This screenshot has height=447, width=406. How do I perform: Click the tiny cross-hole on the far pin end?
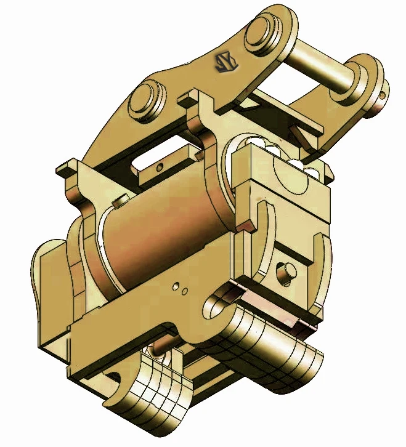pos(383,95)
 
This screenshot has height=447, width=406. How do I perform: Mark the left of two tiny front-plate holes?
pos(176,286)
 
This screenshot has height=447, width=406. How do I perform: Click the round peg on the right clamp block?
pos(285,272)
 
